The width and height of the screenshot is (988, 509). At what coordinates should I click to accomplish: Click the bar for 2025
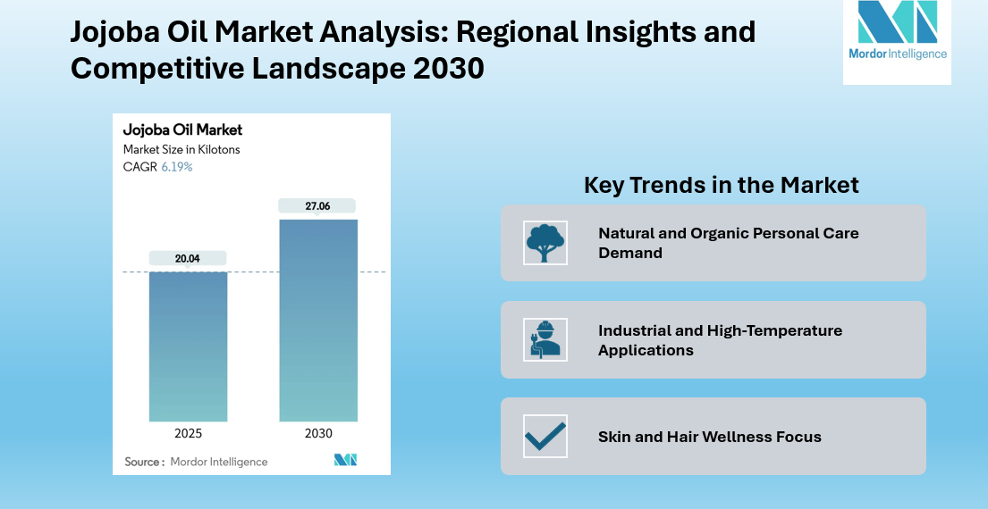188,346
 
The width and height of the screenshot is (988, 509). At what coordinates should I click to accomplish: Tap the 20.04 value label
188,259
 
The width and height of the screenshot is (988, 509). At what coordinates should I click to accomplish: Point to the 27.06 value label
317,206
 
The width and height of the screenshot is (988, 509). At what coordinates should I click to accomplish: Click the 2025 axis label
188,434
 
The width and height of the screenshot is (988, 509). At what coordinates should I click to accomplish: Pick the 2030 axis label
318,434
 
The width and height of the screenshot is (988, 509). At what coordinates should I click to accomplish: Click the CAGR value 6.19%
177,167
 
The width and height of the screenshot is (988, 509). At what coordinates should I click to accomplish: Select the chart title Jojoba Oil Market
182,130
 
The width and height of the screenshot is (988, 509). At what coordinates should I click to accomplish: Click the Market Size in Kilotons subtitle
182,150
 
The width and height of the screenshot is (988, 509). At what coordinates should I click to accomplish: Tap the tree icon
545,243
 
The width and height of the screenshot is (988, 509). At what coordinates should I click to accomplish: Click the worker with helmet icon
545,339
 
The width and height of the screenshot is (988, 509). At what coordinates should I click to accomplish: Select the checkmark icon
545,436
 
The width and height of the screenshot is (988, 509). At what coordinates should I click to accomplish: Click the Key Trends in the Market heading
721,185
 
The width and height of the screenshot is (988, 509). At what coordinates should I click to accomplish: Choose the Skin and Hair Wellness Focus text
709,437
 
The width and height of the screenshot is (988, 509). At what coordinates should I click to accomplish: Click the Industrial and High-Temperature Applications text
720,340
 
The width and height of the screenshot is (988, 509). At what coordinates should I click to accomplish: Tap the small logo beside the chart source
345,460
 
